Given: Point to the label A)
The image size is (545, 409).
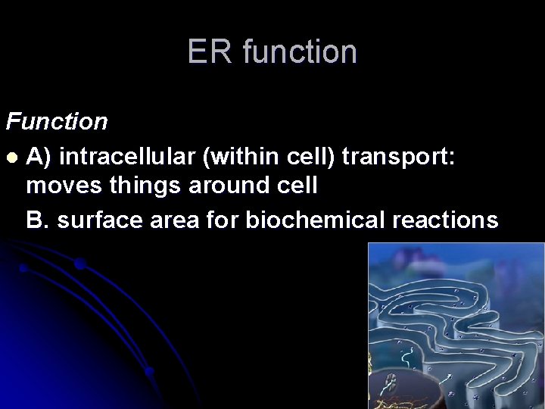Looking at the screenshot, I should [x=39, y=157].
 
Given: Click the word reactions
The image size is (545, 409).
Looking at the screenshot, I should [x=446, y=220].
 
